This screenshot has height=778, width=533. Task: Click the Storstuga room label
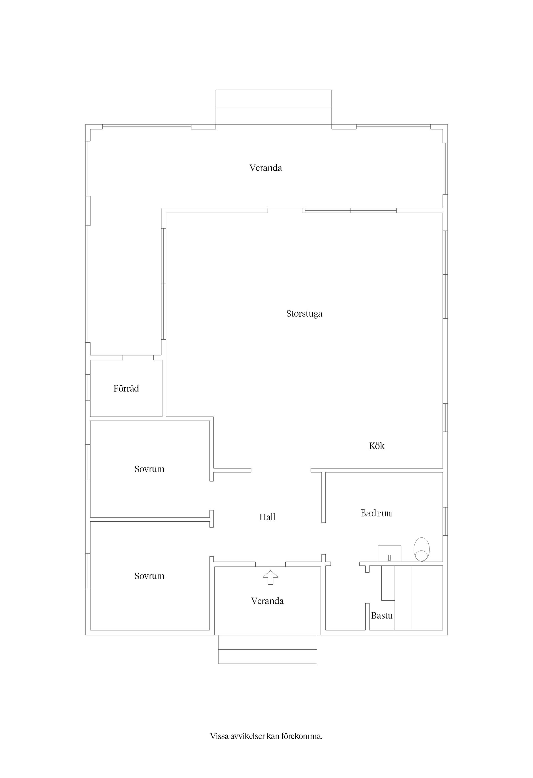304,314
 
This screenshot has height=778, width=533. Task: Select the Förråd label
126,388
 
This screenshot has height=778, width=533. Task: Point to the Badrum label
376,513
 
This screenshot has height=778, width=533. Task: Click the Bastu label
382,616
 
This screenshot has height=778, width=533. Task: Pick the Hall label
267,517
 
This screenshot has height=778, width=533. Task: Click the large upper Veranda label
265,168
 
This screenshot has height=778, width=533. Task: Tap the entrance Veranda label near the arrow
267,601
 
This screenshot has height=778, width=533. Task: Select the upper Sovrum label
149,469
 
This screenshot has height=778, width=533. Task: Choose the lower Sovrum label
149,576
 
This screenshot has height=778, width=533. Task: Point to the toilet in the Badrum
421,549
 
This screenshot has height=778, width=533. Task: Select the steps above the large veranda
273,107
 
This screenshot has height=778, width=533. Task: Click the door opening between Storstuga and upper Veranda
285,211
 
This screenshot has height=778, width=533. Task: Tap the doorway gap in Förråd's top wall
138,358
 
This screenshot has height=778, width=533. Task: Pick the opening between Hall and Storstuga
281,470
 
